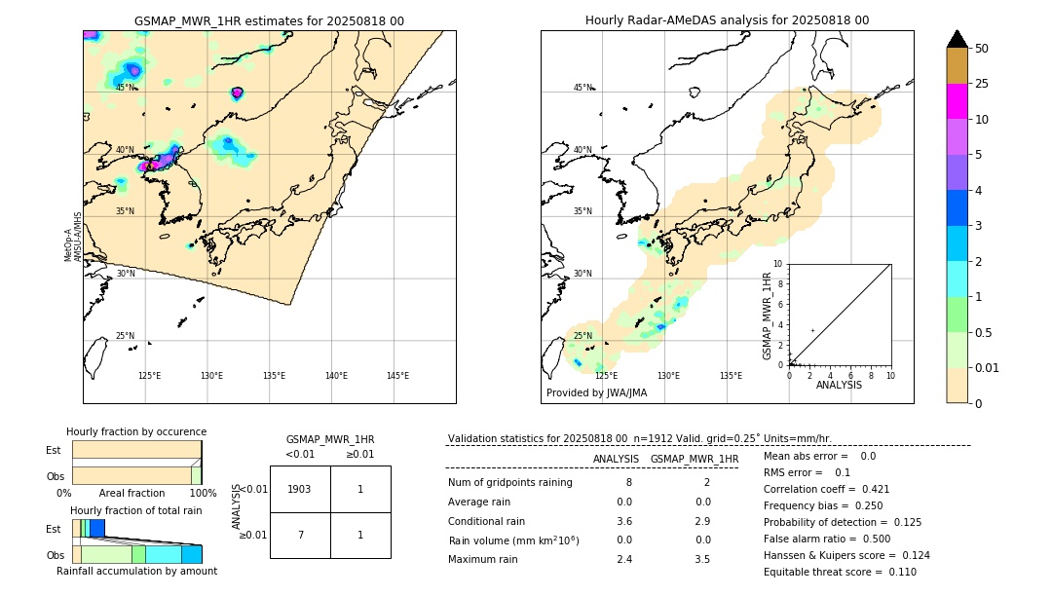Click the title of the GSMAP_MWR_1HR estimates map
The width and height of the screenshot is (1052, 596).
(x=269, y=20)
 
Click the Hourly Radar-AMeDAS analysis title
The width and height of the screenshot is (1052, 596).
(x=727, y=20)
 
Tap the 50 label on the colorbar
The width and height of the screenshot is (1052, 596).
(x=982, y=49)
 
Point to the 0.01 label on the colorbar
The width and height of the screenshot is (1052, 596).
(x=988, y=367)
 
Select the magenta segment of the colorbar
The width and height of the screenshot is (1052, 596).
(x=957, y=101)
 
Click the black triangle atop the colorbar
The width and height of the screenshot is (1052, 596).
(x=957, y=39)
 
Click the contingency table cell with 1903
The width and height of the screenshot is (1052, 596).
(x=300, y=489)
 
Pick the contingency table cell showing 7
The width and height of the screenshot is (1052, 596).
(x=300, y=535)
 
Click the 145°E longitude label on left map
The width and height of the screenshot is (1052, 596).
(x=397, y=376)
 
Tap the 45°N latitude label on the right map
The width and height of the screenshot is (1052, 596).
(x=582, y=88)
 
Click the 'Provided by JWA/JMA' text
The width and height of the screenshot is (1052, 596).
(x=596, y=393)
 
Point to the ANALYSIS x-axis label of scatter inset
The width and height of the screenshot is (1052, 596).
(x=839, y=385)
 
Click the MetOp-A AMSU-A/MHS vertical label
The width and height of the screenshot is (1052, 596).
(x=73, y=237)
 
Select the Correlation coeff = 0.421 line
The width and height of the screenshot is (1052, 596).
(x=826, y=489)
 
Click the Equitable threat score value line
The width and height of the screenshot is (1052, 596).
(x=840, y=572)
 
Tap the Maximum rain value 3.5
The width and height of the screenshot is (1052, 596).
(x=701, y=559)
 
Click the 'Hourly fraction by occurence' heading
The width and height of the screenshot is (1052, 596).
(x=136, y=431)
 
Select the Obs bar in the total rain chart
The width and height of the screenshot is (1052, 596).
(x=136, y=554)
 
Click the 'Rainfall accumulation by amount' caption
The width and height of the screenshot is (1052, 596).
(x=136, y=572)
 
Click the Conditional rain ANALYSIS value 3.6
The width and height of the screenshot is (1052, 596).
(x=624, y=521)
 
